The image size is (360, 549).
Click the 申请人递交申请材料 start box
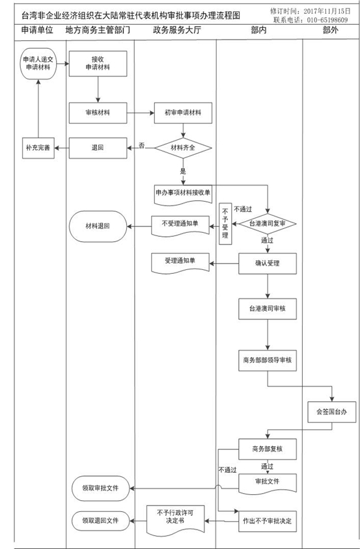coord(38,64)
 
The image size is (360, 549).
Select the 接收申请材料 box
coord(98,64)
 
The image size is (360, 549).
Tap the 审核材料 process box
coord(98,113)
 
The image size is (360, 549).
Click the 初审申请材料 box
coord(183,113)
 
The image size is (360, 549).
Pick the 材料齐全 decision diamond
coord(184,148)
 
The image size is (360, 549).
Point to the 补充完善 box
coord(38,148)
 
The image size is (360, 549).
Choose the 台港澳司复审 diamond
coord(268,224)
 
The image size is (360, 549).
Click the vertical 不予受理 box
coord(225,224)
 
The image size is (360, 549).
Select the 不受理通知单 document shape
coord(180,225)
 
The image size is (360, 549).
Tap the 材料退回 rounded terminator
coord(98,226)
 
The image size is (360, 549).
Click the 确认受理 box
coord(268,263)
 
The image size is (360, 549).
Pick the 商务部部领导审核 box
coord(268,360)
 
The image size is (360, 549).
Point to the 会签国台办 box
coord(331,412)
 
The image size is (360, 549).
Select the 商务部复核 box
coord(268,449)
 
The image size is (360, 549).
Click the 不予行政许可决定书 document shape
coord(175,520)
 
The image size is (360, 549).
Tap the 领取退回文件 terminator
coord(101,520)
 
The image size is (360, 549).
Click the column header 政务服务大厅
coord(176,30)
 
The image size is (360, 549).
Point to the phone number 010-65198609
coord(327,20)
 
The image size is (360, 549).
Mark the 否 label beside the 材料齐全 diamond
coord(141,145)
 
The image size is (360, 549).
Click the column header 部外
coord(331,30)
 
